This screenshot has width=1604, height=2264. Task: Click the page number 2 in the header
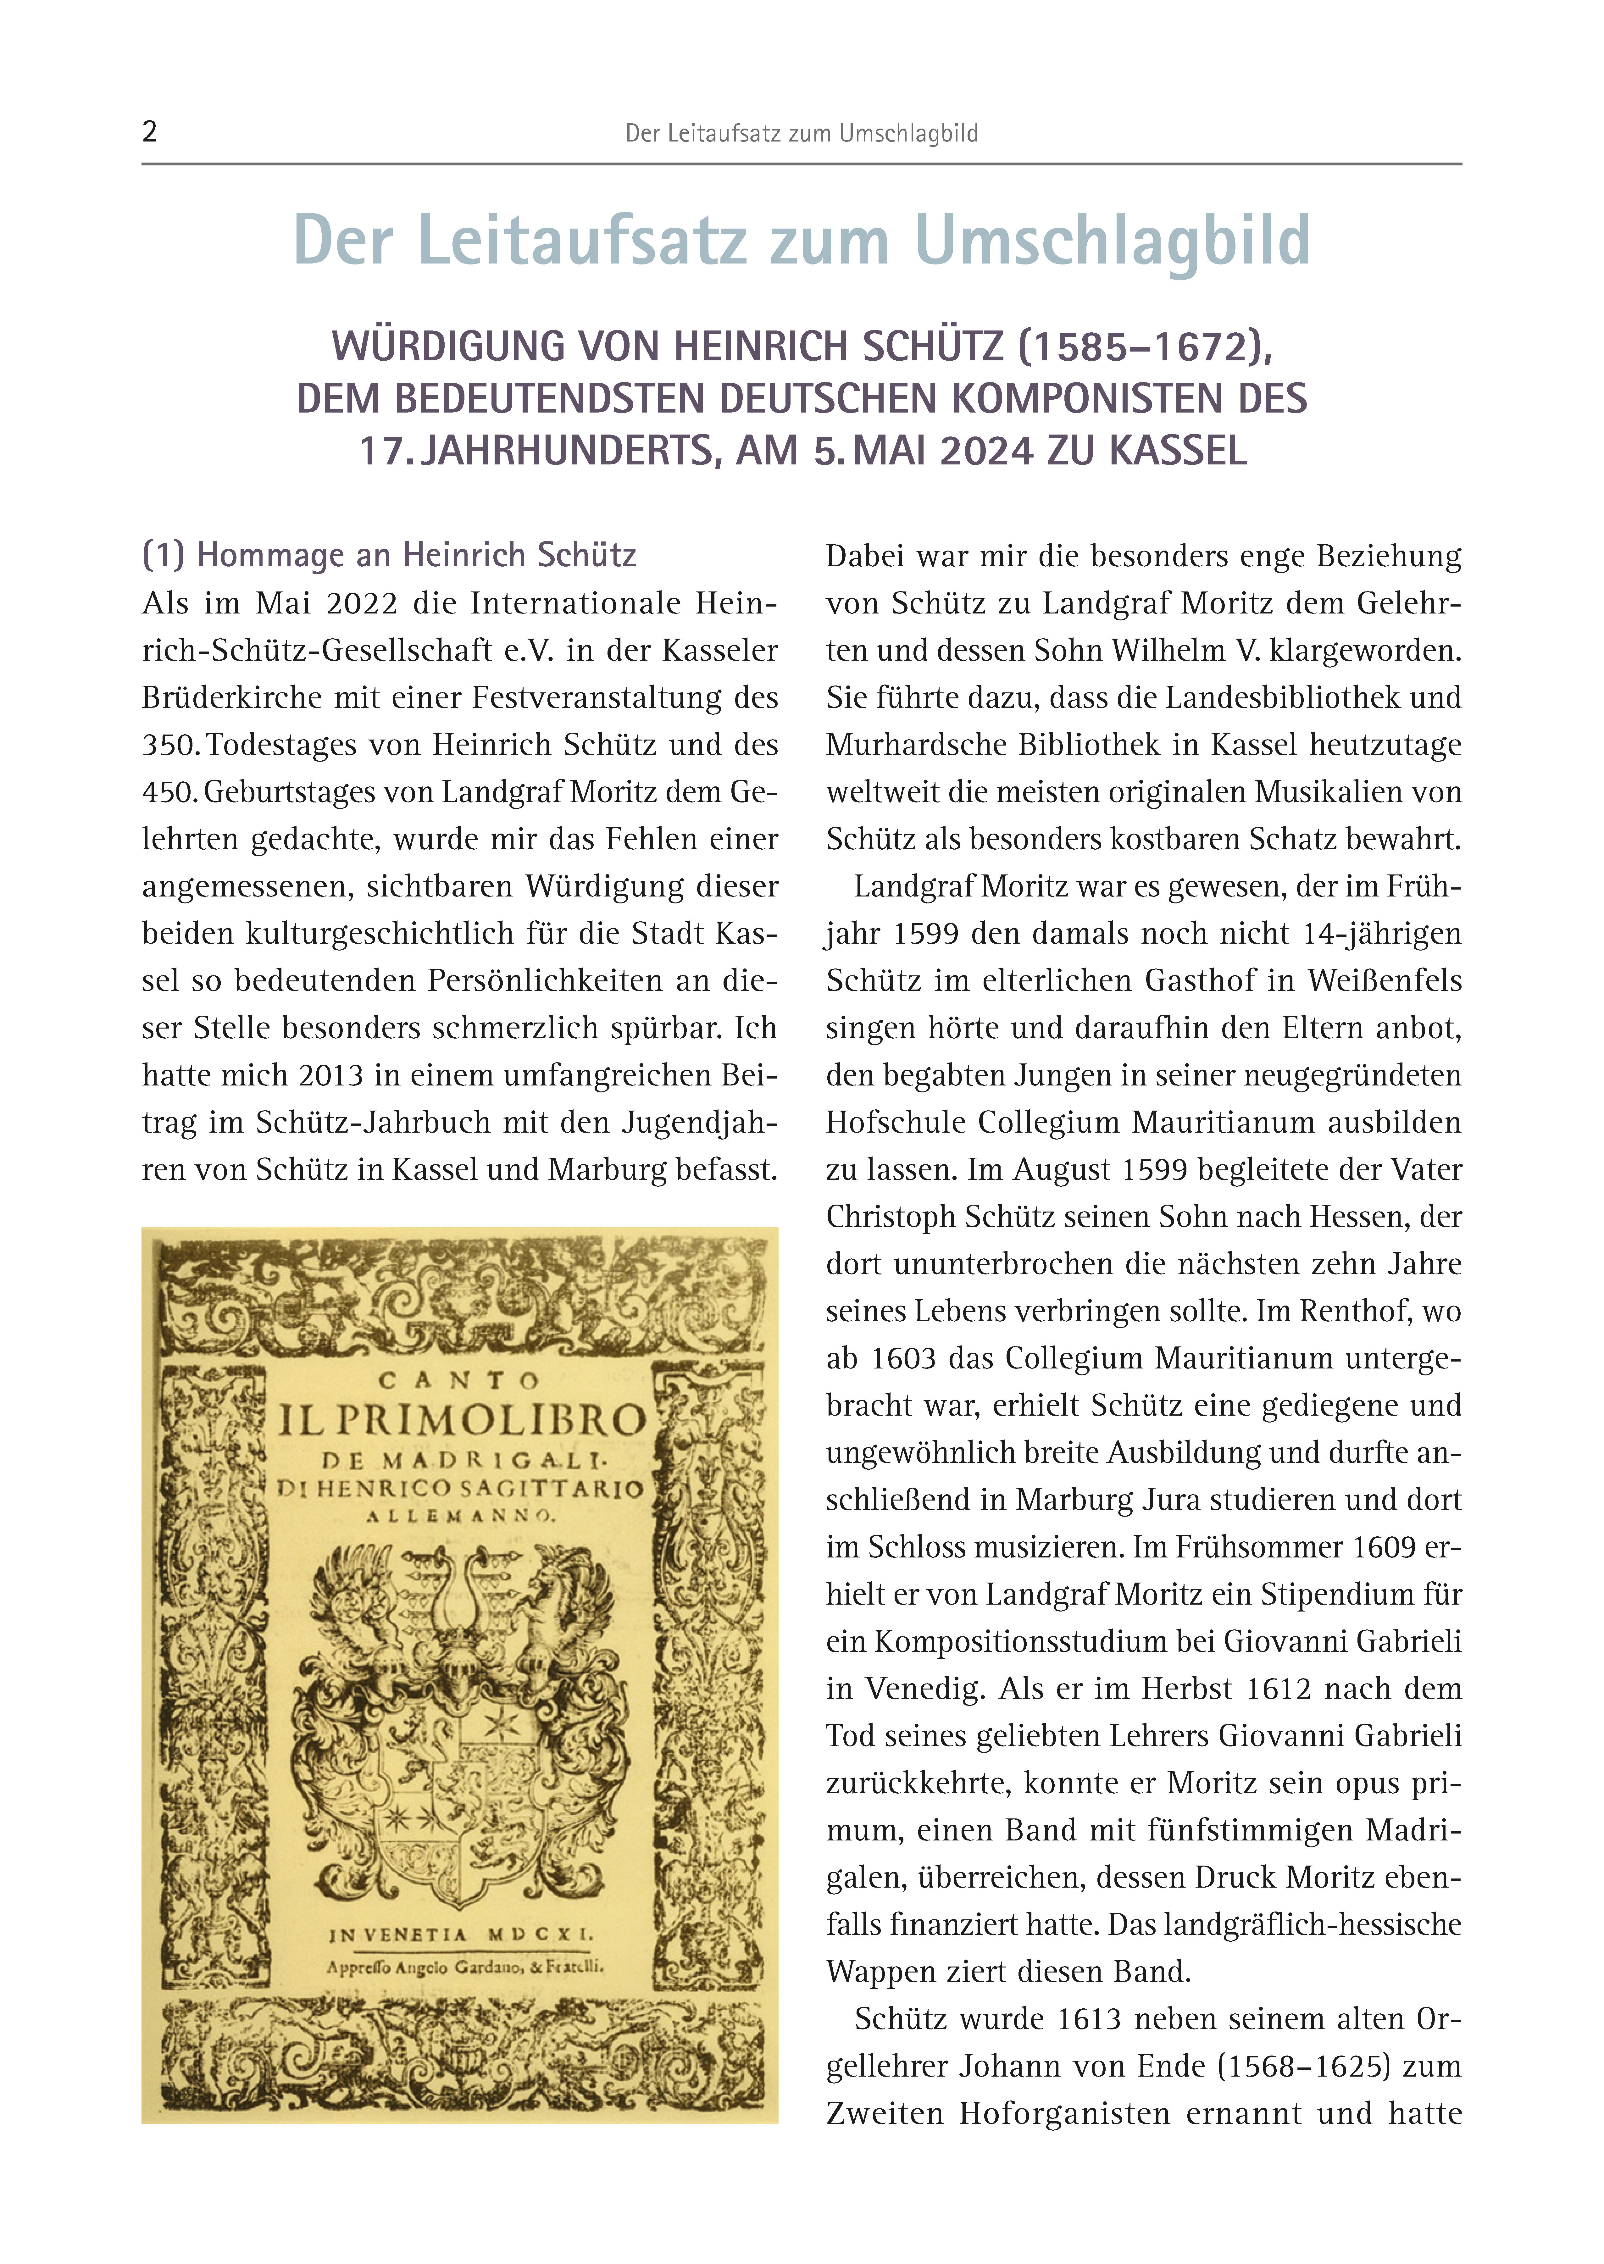(149, 132)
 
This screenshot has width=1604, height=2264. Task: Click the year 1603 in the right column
(903, 1358)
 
